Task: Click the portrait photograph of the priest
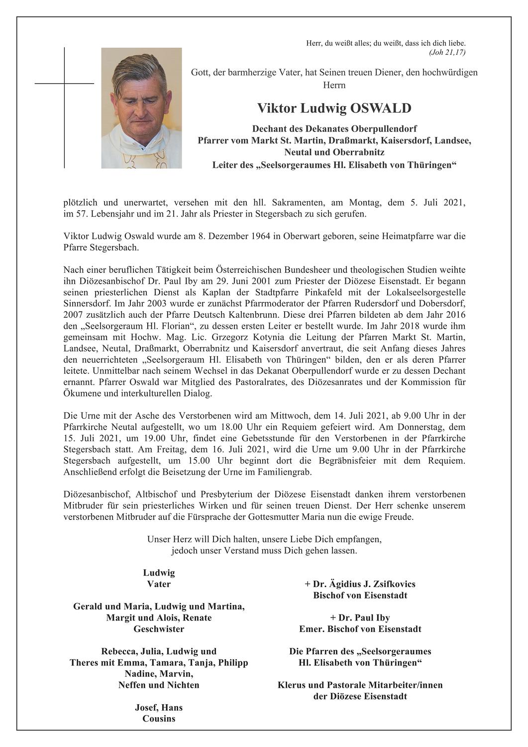pos(141,108)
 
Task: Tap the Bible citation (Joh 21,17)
pos(446,52)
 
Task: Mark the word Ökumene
pos(81,393)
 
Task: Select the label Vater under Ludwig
pos(159,584)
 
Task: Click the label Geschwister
pos(159,629)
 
